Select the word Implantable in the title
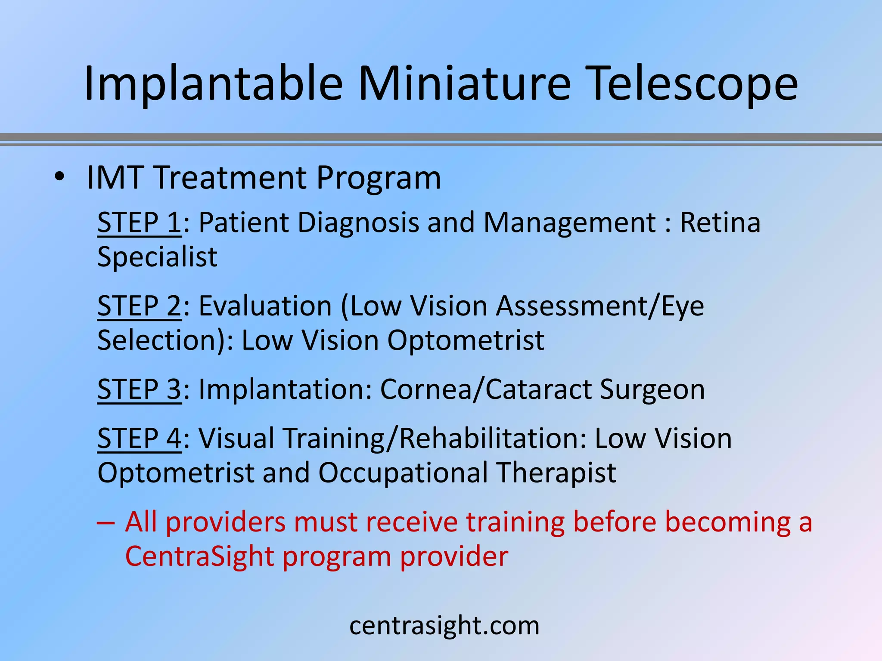click(x=213, y=84)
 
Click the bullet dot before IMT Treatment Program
click(x=59, y=177)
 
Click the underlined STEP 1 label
click(x=139, y=223)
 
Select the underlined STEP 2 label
click(x=139, y=306)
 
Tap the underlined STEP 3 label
click(x=139, y=389)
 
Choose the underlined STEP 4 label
click(x=139, y=439)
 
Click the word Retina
click(x=720, y=223)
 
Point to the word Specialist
click(x=157, y=257)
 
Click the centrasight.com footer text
click(x=444, y=626)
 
